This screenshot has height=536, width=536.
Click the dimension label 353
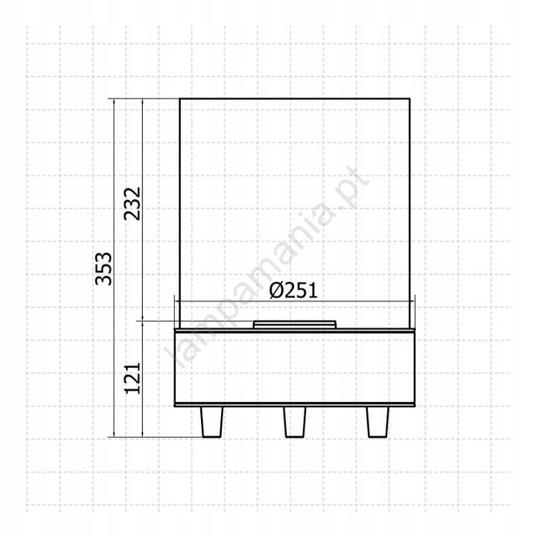point(103,269)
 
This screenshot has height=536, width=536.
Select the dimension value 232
point(133,204)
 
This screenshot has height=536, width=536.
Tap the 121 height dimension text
point(133,378)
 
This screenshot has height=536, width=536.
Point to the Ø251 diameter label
point(293,291)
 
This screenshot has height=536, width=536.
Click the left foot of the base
point(211,422)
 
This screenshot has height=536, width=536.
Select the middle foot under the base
point(295,422)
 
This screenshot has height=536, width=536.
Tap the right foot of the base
point(377,422)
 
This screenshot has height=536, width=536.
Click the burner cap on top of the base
point(295,324)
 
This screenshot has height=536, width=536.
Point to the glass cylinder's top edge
point(295,99)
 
